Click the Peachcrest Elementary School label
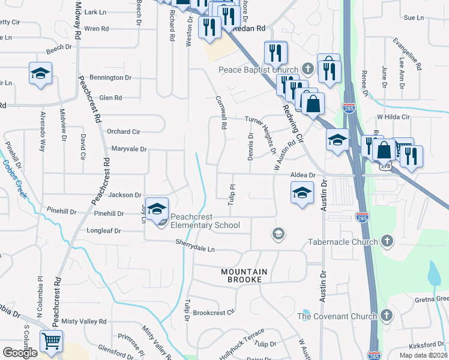(x=205, y=221)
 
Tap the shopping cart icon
(x=51, y=342)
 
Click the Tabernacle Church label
(x=343, y=242)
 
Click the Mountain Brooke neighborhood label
(x=244, y=276)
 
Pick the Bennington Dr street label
(x=110, y=78)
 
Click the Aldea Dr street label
(x=303, y=174)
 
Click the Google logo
(x=20, y=353)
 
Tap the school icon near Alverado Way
(x=40, y=74)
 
